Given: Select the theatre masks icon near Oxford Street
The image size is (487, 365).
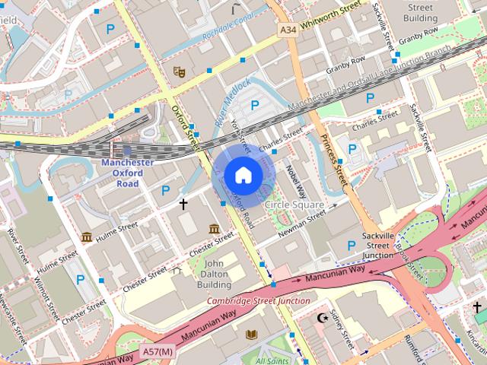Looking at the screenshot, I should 180,72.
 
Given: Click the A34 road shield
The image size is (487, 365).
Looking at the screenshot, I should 288,29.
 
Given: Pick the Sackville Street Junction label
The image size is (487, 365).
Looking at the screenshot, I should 377,246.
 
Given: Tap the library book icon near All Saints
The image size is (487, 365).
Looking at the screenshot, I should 252,334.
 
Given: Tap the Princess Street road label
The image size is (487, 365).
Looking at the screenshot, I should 333,160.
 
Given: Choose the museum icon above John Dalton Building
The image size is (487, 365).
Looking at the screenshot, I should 214,229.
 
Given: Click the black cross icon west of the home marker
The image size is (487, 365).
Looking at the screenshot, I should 183,204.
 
